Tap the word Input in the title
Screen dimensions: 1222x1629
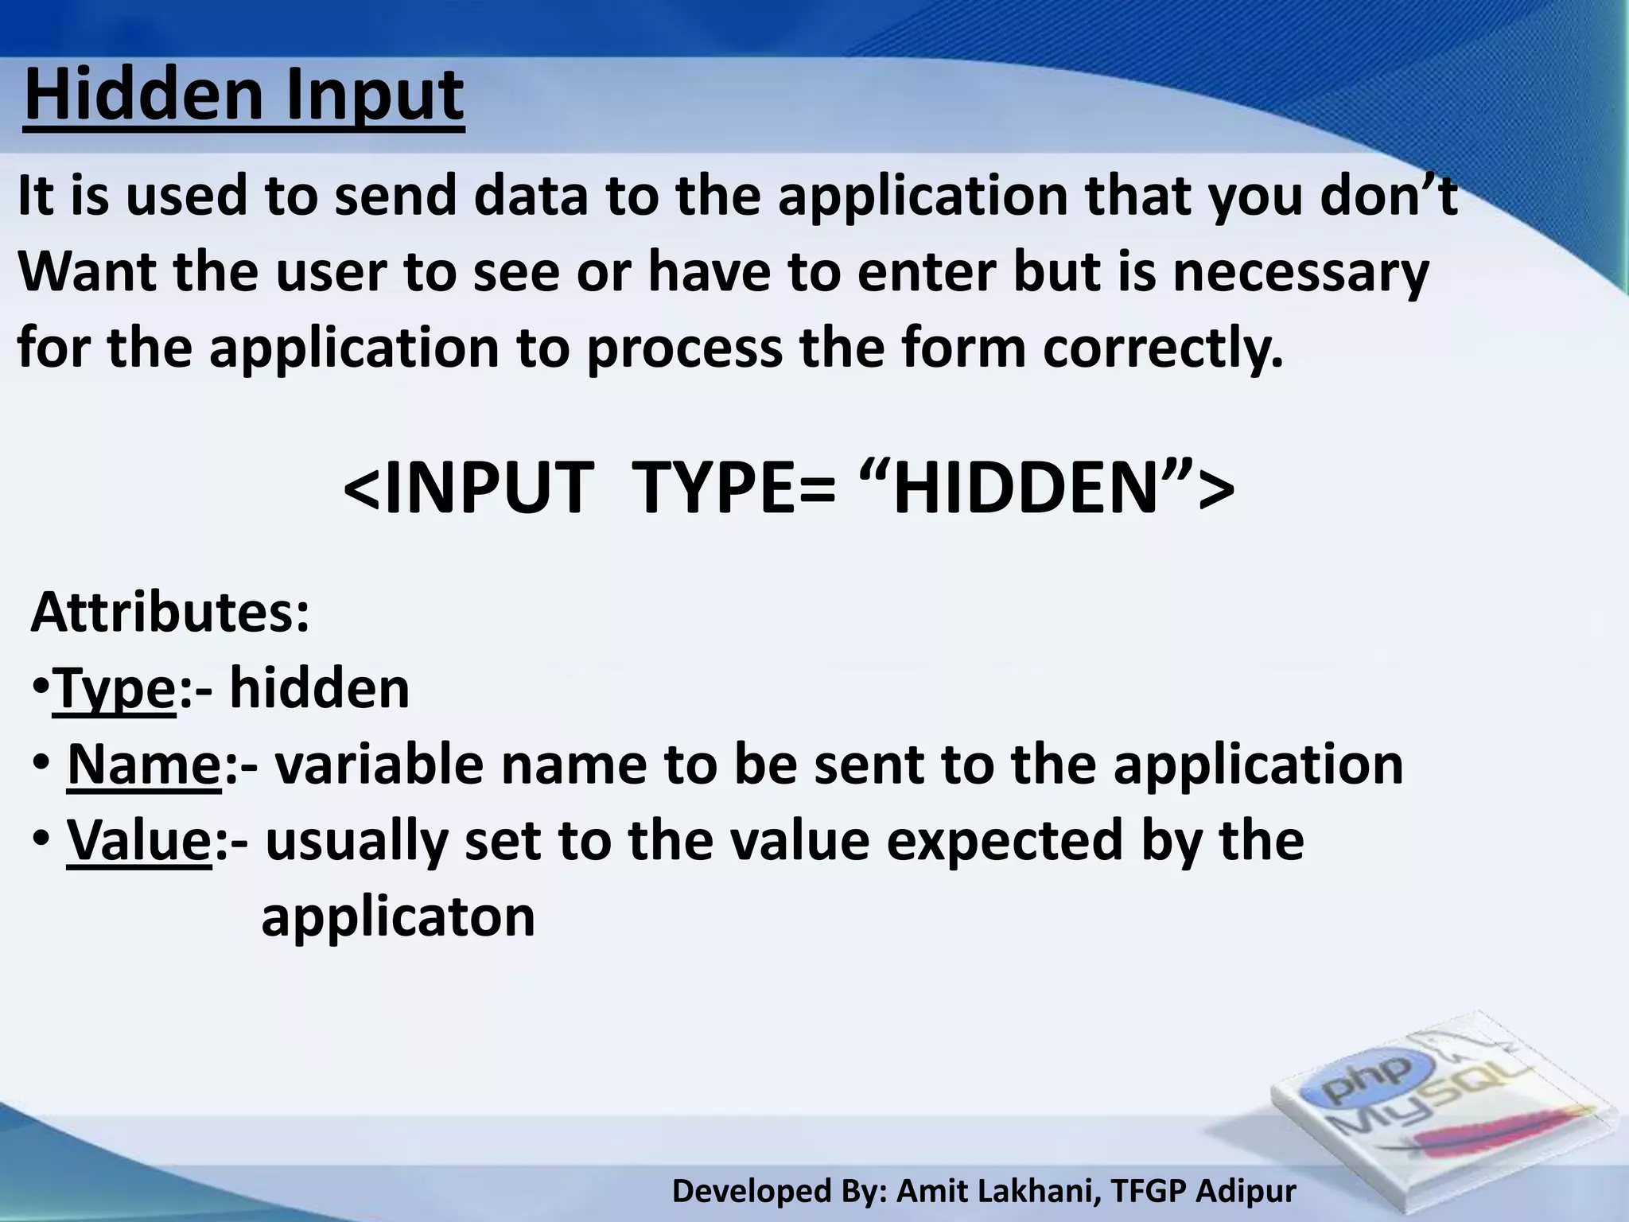tap(374, 97)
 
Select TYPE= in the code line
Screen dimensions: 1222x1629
tap(737, 487)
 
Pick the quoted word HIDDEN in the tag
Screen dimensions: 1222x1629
tap(1026, 487)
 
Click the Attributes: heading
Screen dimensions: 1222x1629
tap(169, 613)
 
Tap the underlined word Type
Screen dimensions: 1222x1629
tap(114, 689)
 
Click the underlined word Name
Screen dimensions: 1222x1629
tap(144, 765)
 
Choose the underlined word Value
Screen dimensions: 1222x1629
tap(138, 840)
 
